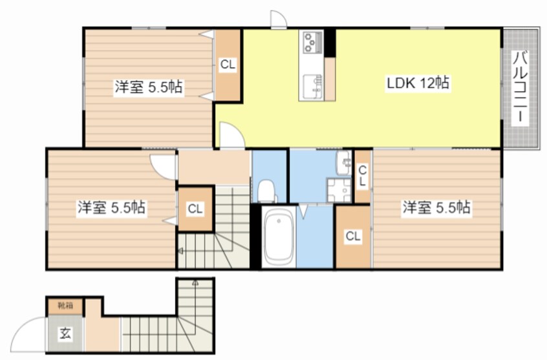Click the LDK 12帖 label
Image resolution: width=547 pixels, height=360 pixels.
tap(418, 83)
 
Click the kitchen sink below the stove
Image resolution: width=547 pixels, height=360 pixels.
tap(312, 87)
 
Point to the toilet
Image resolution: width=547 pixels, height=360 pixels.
tap(267, 191)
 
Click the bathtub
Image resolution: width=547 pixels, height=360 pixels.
tap(279, 237)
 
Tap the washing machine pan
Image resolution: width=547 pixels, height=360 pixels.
tap(339, 190)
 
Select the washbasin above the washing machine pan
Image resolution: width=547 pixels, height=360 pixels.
tap(344, 164)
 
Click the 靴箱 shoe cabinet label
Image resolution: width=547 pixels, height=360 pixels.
tap(65, 306)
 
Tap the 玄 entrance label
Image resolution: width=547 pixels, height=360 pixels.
tap(65, 334)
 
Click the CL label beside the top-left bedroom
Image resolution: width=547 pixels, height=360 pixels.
tap(228, 65)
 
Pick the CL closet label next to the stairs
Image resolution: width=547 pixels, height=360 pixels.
tap(195, 209)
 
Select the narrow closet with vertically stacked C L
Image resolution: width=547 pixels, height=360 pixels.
tap(363, 176)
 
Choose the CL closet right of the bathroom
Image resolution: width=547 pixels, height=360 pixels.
tap(352, 237)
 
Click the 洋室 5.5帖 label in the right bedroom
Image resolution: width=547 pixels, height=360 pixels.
tap(436, 207)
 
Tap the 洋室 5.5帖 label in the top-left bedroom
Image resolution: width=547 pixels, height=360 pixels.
tap(149, 87)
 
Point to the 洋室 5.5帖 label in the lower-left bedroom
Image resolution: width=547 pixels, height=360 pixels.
tap(111, 208)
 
